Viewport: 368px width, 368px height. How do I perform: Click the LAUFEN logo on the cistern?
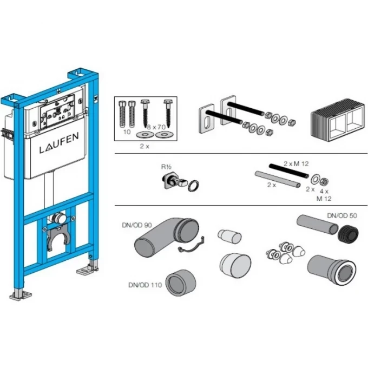[59, 143]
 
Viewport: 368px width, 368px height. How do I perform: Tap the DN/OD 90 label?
[137, 225]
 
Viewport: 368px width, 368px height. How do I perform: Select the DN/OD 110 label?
[145, 285]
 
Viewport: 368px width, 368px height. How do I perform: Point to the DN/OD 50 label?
[342, 215]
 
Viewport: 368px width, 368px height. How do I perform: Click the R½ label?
[166, 167]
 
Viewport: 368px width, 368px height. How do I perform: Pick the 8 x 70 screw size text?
[156, 127]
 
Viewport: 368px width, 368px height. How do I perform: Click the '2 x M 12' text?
[296, 163]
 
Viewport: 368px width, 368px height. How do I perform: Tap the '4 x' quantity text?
[324, 191]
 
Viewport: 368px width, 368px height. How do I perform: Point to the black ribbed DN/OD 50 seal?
[348, 234]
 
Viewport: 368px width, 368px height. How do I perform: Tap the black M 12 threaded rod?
[288, 171]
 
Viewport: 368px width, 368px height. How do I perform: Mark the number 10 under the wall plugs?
[127, 132]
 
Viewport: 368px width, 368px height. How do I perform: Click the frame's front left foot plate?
[21, 295]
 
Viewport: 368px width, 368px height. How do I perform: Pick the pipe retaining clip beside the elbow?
[191, 245]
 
